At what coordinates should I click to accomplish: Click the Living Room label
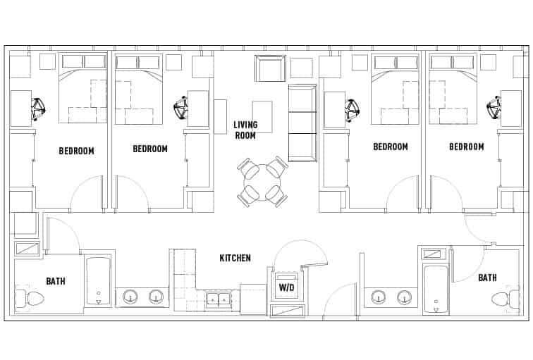point(245,130)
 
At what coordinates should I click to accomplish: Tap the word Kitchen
point(235,258)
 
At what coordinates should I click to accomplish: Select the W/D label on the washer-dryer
point(286,287)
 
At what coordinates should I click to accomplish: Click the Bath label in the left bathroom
point(56,281)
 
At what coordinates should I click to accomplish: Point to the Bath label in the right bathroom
point(487,278)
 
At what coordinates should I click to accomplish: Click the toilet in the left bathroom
point(30,298)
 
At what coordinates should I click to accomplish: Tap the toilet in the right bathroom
point(504,298)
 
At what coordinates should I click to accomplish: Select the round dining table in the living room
point(262,182)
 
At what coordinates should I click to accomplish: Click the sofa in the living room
point(302,123)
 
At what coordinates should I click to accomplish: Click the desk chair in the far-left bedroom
point(38,108)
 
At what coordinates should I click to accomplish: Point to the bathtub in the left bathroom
point(98,280)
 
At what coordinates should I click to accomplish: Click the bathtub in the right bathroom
point(435,287)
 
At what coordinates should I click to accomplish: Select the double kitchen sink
point(217,299)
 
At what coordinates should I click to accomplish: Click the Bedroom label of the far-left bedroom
point(76,150)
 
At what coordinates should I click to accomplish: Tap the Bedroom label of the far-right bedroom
point(466,147)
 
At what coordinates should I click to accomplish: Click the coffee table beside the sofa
point(262,116)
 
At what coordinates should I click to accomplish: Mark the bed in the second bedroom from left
point(138,88)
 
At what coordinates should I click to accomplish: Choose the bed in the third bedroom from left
point(396,88)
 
